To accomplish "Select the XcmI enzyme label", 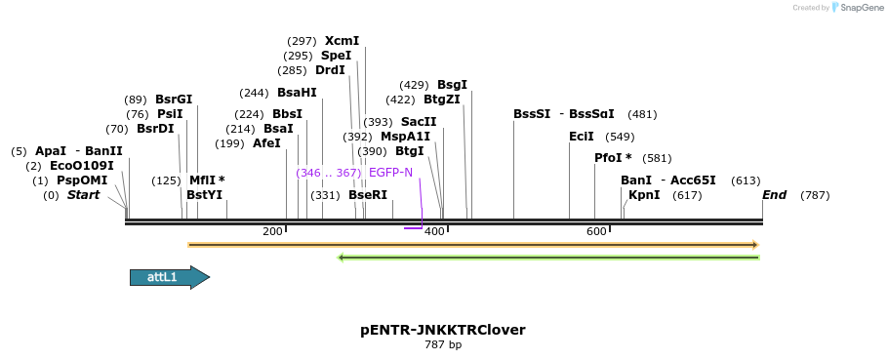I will pos(342,41).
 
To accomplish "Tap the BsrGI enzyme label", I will pos(174,100).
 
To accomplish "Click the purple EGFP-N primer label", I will pos(390,173).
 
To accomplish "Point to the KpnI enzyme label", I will pos(644,195).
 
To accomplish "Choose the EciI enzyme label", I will pos(582,137).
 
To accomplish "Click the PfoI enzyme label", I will pos(612,158).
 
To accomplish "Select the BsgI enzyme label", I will pos(452,85).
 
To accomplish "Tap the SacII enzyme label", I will pos(419,122).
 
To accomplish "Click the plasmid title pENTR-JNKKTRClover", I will pos(443,330).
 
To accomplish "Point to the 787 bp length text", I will pos(443,345).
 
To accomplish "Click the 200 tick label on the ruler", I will pos(272,231).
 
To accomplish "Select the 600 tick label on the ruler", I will pos(596,231).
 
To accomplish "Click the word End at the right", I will pos(774,195).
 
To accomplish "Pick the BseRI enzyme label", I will pos(368,195).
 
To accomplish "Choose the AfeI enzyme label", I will pos(266,143).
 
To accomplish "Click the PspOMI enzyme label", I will pos(82,180).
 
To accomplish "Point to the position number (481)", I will pos(642,114).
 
